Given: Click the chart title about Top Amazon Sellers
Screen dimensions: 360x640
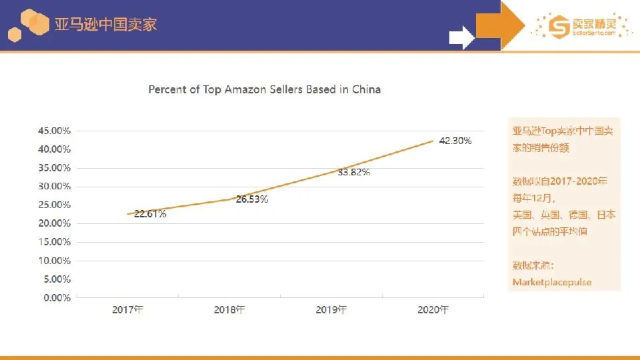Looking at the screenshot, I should click(x=265, y=89).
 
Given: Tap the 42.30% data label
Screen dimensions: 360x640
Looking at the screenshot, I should click(x=455, y=141).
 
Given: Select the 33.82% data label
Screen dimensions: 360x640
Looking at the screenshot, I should click(x=353, y=172).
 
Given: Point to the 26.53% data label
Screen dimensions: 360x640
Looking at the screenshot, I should click(x=252, y=199).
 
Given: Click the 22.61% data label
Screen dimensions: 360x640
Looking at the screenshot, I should click(x=150, y=214).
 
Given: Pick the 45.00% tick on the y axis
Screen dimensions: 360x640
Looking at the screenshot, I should click(x=53, y=131).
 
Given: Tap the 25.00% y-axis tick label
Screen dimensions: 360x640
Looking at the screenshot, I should click(x=53, y=205).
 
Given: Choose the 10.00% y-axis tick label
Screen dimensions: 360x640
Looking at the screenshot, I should click(x=53, y=261).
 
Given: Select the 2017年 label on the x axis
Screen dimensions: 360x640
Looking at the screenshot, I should click(x=128, y=310).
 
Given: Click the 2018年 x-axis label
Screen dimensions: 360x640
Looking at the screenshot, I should click(x=229, y=310).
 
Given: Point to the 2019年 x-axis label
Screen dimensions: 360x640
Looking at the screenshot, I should click(x=331, y=310).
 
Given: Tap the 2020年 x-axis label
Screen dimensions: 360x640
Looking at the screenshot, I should click(x=433, y=310).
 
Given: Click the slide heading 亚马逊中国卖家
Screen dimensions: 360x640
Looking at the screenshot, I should click(x=107, y=25).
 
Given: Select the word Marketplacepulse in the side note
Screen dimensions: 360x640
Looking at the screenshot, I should click(x=552, y=282).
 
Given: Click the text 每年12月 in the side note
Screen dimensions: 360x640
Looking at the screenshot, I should click(x=533, y=198).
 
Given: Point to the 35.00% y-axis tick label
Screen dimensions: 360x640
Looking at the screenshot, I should click(x=53, y=167).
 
